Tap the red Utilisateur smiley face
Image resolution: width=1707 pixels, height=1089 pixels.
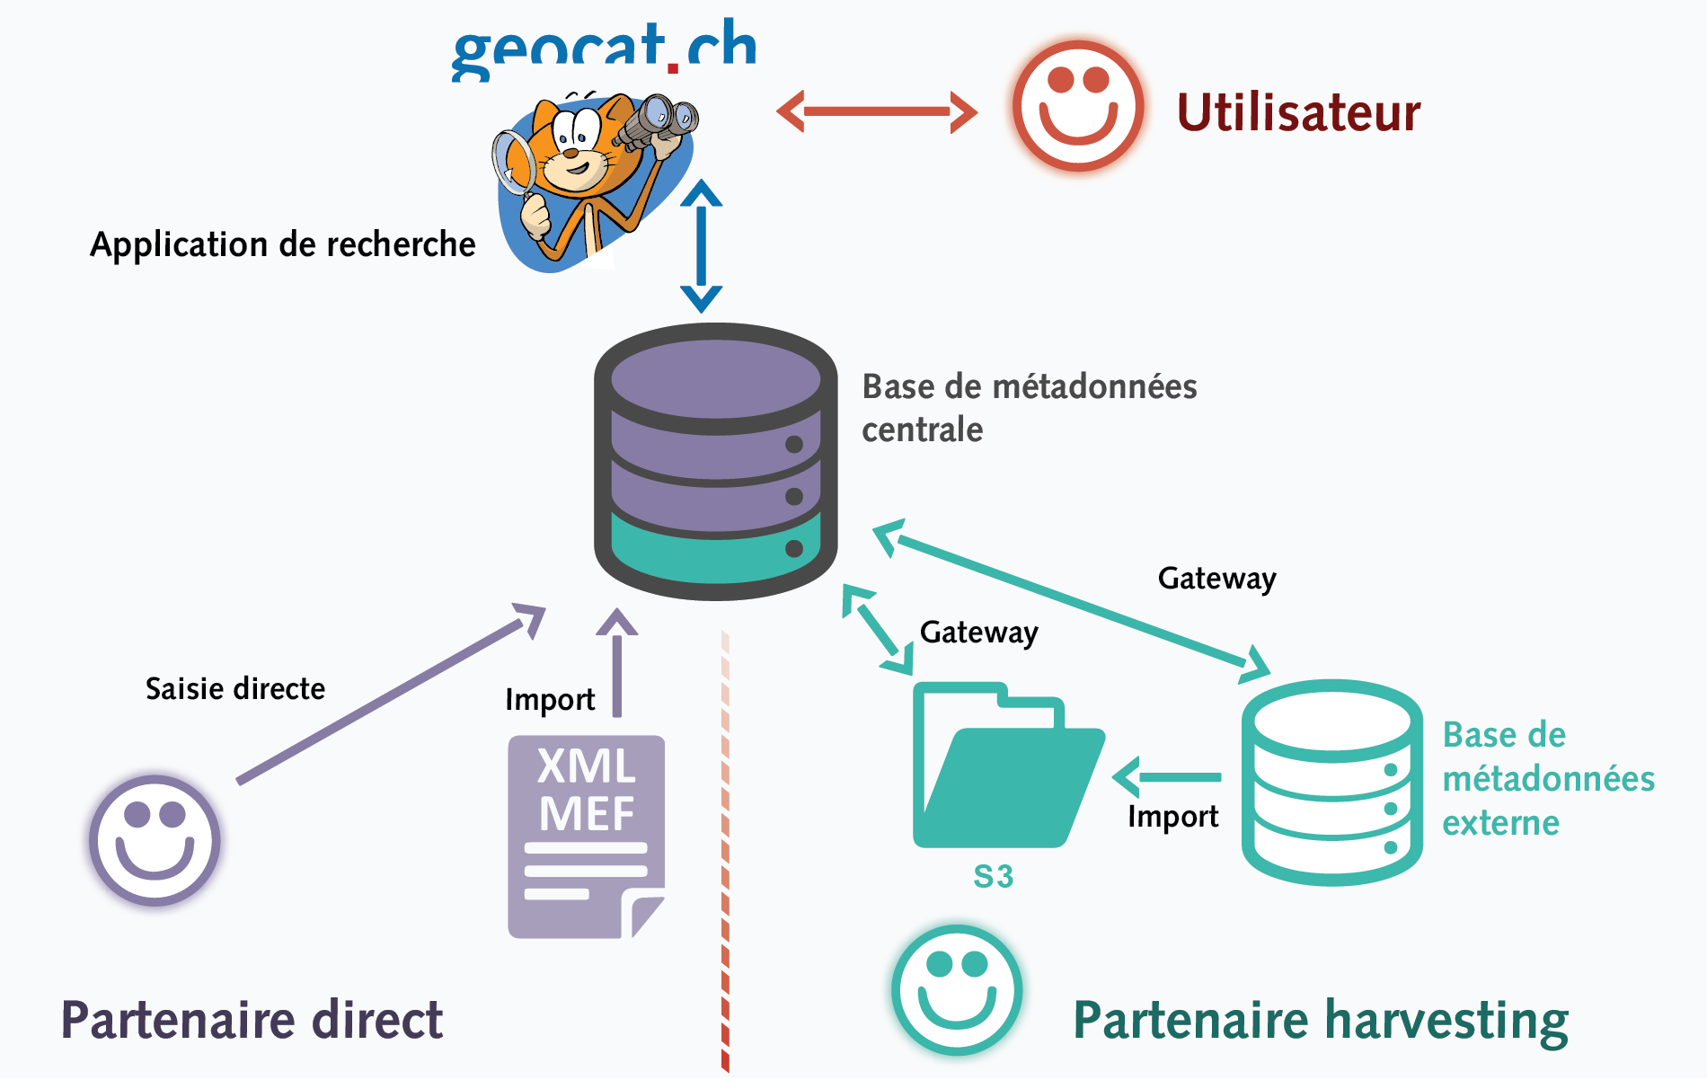tap(1077, 106)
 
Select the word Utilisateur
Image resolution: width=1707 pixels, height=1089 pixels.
tap(1298, 113)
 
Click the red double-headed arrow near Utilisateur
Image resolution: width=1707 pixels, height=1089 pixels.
tap(877, 112)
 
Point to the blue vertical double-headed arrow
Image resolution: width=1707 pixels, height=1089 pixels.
tap(701, 245)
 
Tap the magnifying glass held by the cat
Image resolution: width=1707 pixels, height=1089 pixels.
tap(513, 163)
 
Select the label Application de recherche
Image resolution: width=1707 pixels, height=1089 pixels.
tap(282, 244)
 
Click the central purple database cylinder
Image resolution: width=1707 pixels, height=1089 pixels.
tap(716, 461)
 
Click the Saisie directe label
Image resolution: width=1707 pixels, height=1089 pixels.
tap(235, 689)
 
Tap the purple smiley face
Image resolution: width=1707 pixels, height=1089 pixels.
tap(155, 840)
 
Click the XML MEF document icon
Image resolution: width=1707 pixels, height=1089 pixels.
tap(586, 837)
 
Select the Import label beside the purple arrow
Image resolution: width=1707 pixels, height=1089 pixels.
tap(550, 700)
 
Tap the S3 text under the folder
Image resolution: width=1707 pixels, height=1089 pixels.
tap(994, 877)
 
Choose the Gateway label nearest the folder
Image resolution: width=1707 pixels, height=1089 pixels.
tap(978, 633)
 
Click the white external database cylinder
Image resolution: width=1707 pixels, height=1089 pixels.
tap(1331, 782)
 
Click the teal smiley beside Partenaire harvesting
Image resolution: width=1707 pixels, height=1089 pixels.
tap(957, 989)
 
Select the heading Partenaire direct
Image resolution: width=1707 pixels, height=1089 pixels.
tap(252, 1021)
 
